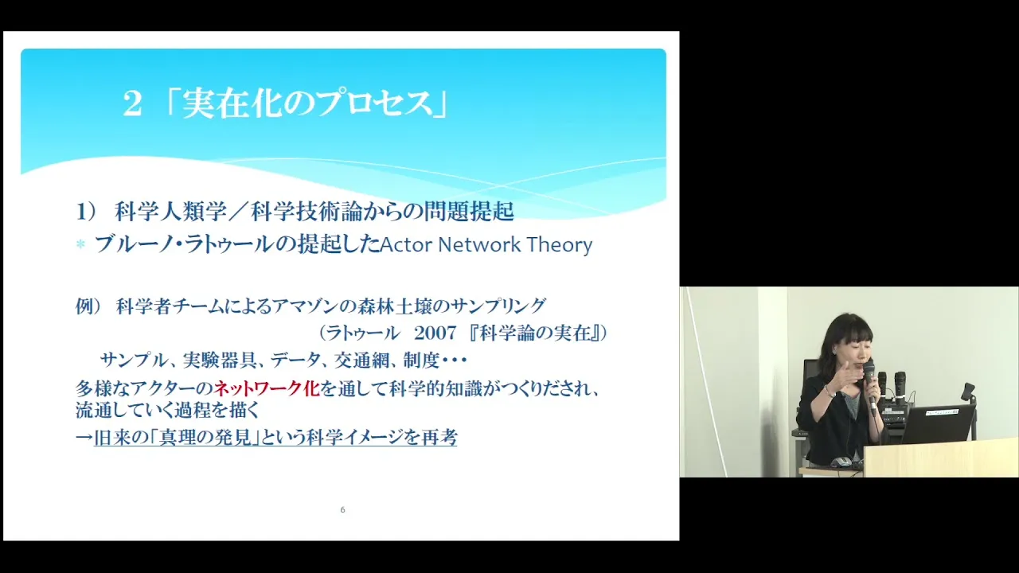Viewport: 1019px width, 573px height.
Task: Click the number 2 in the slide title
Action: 132,104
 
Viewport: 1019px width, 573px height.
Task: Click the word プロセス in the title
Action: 374,104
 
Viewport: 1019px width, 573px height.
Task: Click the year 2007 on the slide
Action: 435,333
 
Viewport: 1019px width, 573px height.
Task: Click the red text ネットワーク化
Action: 267,388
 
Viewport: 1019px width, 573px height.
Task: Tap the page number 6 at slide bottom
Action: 342,510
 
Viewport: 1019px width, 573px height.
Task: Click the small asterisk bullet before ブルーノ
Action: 81,244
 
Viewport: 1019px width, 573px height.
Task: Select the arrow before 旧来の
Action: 84,438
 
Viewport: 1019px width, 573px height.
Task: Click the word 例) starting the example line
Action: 88,306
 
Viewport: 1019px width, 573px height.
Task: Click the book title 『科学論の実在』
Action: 534,333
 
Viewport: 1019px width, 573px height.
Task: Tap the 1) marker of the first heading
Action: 86,212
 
